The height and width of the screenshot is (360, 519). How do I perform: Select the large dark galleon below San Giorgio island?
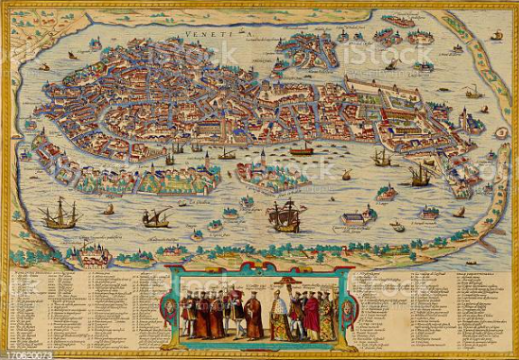tap(283, 215)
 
